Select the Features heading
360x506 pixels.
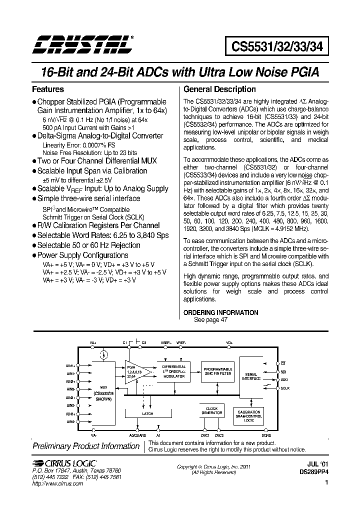pyautogui.click(x=48, y=89)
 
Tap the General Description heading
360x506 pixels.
pyautogui.click(x=219, y=89)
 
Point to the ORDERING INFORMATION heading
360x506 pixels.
pyautogui.click(x=221, y=312)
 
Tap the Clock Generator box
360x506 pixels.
pyautogui.click(x=211, y=410)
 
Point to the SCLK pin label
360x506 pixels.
pyautogui.click(x=284, y=388)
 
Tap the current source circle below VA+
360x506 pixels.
pyautogui.click(x=103, y=355)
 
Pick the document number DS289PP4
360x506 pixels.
pyautogui.click(x=313, y=471)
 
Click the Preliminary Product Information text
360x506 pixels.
pyautogui.click(x=86, y=446)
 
